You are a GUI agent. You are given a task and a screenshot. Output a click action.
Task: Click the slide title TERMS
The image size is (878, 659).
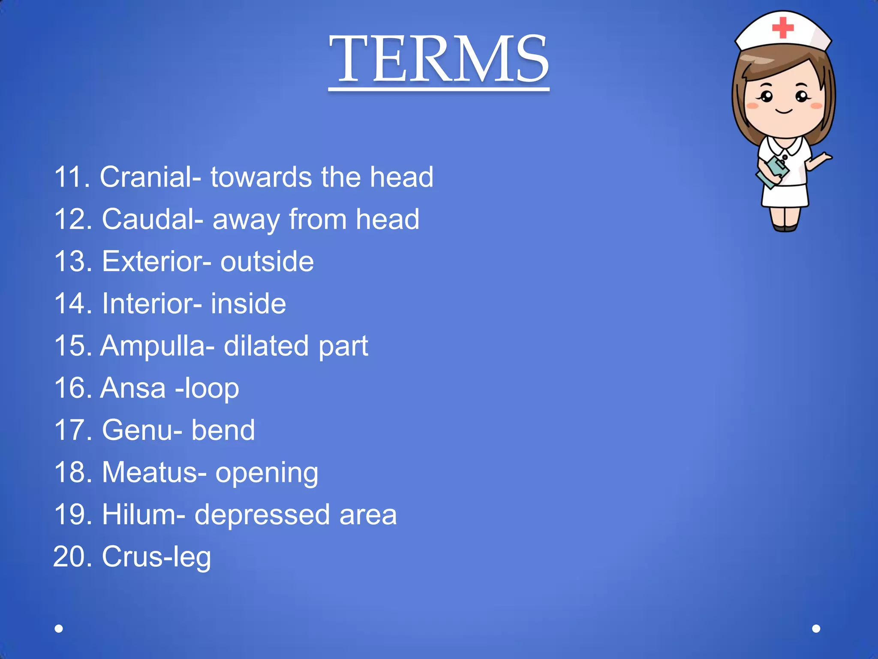(439, 59)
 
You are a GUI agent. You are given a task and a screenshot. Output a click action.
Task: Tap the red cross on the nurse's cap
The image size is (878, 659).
(783, 27)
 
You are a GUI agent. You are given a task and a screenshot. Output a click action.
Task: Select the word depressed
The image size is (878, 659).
(262, 514)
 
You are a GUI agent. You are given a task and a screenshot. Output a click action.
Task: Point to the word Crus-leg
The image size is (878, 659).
(156, 557)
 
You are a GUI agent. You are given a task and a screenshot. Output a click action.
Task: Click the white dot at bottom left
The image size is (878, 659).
(59, 629)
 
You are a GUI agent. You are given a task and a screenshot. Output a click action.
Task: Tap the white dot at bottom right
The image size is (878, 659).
(816, 629)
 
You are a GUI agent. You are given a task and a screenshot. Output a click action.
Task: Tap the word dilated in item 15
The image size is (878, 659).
(266, 345)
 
